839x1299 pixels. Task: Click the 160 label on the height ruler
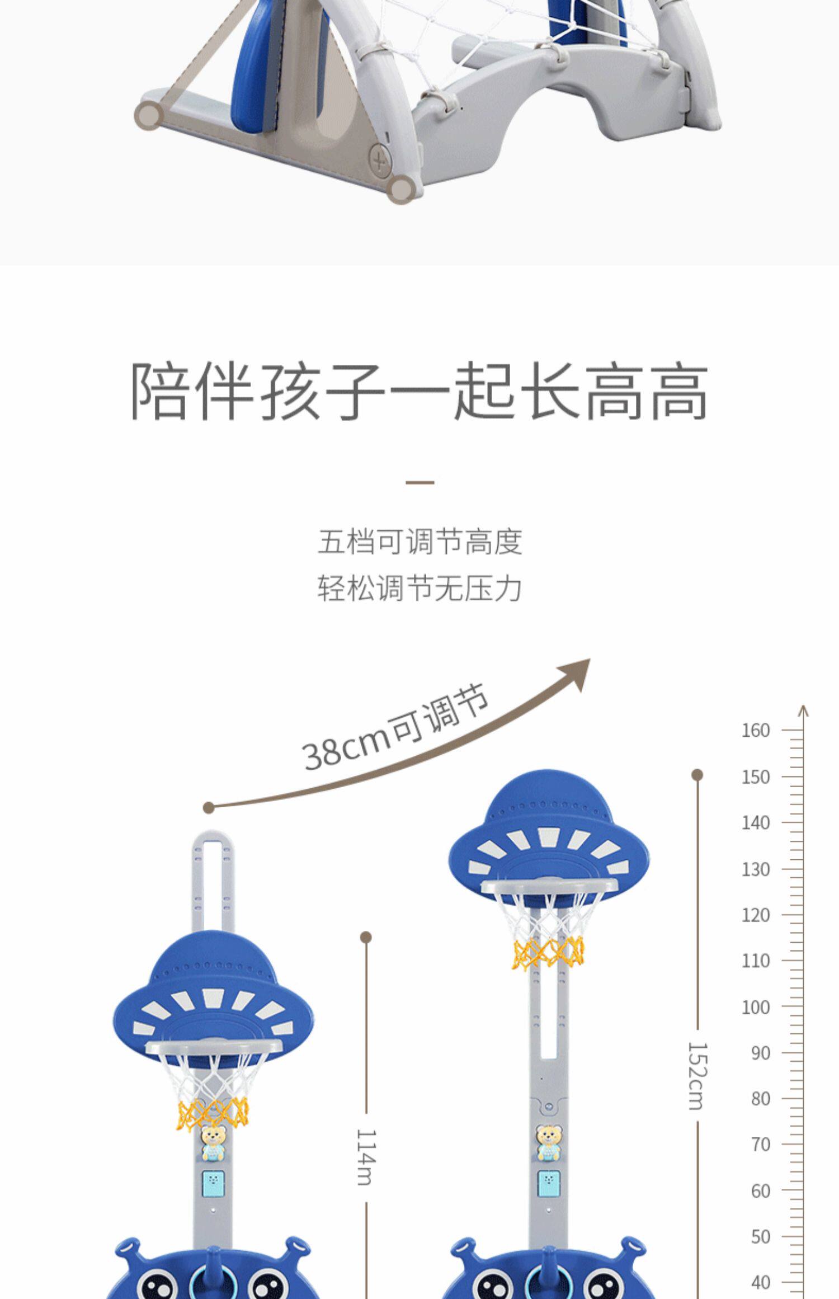click(x=756, y=730)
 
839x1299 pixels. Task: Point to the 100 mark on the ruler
click(x=756, y=1007)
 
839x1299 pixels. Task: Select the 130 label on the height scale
click(x=756, y=869)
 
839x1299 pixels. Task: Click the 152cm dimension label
click(x=697, y=1075)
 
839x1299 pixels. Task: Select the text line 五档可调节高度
click(x=419, y=542)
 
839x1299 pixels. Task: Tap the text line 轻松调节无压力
click(x=419, y=589)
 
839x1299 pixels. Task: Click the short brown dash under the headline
click(x=419, y=482)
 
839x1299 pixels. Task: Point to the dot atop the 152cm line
click(x=697, y=775)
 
